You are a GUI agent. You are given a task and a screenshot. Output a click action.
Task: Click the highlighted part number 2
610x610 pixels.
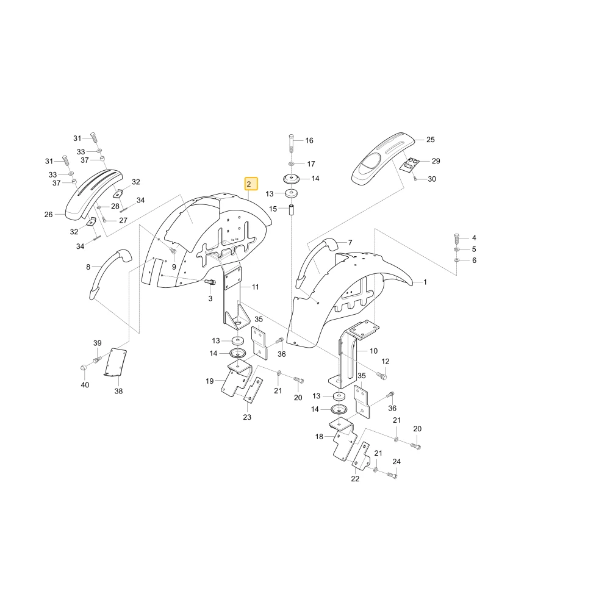[251, 184]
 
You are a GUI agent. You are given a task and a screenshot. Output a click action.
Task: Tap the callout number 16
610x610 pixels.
[309, 140]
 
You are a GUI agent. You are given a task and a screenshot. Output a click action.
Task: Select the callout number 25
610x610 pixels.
[430, 140]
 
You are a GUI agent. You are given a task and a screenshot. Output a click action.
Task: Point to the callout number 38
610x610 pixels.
[119, 391]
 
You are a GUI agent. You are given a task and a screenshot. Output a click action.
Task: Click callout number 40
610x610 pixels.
[85, 385]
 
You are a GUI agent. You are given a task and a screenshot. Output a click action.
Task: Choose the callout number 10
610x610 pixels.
[373, 351]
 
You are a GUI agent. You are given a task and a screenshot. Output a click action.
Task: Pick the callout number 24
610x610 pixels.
[396, 461]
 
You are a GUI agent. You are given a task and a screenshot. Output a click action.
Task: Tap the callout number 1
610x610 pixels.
[425, 282]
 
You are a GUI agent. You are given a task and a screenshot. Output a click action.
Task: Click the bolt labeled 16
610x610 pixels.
[292, 143]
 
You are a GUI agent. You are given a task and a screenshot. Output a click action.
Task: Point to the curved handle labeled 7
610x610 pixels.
[315, 262]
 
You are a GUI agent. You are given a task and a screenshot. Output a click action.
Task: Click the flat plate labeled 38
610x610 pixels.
[116, 362]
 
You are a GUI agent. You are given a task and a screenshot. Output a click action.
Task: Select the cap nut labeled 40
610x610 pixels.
[83, 368]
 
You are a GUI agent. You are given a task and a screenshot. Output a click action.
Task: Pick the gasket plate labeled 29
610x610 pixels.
[410, 165]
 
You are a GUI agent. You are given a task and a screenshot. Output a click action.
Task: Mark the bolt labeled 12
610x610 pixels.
[382, 375]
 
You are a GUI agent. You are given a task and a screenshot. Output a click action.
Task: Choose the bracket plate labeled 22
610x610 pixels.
[361, 456]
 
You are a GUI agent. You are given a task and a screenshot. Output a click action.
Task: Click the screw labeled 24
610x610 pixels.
[392, 474]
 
